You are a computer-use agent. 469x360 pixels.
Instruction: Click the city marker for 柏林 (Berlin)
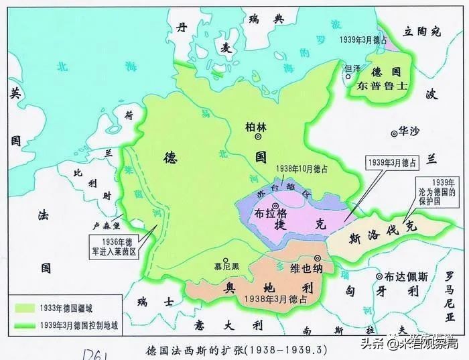click(x=258, y=137)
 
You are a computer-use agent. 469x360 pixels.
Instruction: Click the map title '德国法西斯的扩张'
click(x=191, y=349)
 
